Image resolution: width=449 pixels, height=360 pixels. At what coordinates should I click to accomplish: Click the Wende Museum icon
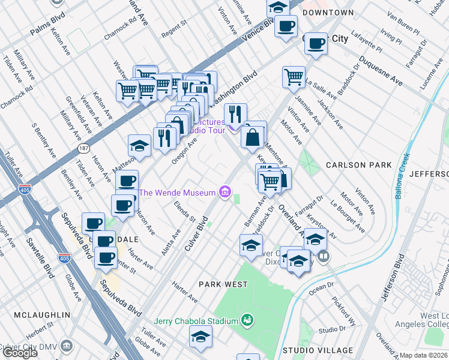pyautogui.click(x=225, y=192)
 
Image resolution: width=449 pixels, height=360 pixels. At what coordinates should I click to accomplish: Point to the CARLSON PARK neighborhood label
pyautogui.click(x=358, y=165)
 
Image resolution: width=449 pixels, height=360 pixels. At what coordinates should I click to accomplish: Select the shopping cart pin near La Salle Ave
pyautogui.click(x=293, y=77)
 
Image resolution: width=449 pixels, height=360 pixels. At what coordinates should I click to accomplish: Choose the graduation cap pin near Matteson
pyautogui.click(x=139, y=146)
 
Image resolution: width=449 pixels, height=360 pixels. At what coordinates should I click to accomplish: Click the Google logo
pyautogui.click(x=20, y=353)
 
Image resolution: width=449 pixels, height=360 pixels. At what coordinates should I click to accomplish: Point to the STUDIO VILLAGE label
pyautogui.click(x=318, y=350)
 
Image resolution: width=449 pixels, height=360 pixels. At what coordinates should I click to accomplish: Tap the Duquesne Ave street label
pyautogui.click(x=381, y=71)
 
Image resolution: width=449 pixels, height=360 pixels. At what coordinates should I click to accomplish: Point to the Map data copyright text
pyautogui.click(x=424, y=355)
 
